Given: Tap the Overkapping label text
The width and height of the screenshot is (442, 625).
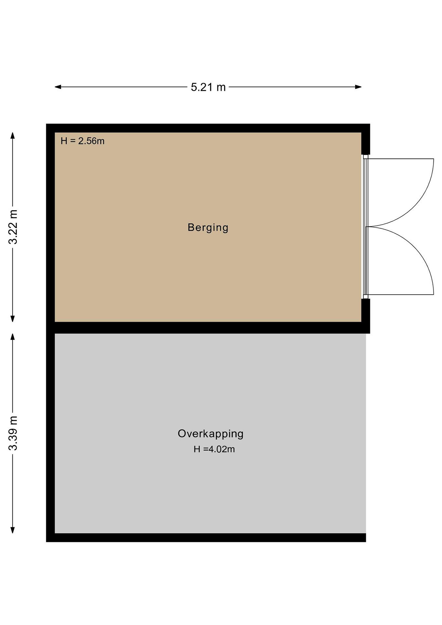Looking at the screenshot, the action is click(210, 434).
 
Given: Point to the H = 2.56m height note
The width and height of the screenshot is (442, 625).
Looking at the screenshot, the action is click(82, 141).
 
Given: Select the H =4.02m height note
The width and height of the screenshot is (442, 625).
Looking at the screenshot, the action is click(214, 449).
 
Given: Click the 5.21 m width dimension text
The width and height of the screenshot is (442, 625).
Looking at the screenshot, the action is click(208, 87).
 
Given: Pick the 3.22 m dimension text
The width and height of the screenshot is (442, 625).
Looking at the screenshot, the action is click(13, 227).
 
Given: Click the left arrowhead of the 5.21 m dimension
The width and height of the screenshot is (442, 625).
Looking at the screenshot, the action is click(58, 87).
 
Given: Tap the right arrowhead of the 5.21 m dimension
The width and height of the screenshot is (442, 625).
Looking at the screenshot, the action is click(358, 87).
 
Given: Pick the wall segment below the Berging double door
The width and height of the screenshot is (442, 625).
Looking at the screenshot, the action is click(366, 310).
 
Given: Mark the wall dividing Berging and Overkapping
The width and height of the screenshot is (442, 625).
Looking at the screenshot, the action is click(208, 328).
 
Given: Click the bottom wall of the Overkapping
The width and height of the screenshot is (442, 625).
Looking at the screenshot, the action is click(206, 538).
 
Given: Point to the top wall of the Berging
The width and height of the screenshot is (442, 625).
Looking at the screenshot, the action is click(208, 128).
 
